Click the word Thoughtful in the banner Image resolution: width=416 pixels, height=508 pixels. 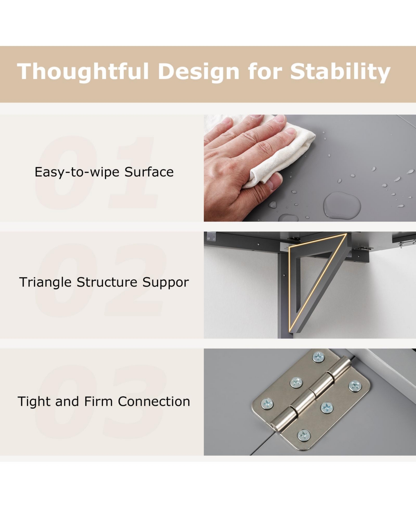[83, 71]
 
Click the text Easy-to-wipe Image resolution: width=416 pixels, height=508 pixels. [77, 172]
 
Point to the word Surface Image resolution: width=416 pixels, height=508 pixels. [149, 172]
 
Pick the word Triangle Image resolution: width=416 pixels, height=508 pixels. [45, 282]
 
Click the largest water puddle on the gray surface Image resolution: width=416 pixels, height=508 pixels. [342, 205]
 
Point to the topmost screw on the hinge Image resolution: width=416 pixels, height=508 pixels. [318, 357]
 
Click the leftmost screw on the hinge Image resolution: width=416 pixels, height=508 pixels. [267, 403]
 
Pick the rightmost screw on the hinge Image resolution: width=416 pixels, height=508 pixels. [355, 386]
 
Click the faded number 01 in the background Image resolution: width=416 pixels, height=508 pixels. [96, 172]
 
